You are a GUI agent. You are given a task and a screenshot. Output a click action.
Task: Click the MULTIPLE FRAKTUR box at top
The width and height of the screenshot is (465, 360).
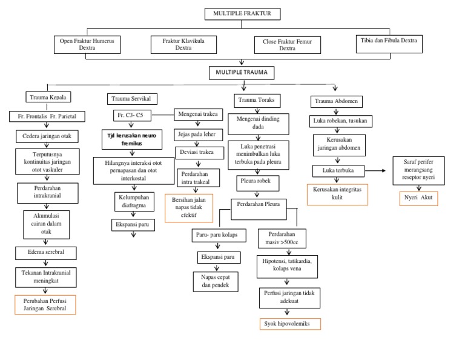pos(242,13)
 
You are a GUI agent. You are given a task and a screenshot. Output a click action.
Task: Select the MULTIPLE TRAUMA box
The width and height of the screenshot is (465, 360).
pos(242,73)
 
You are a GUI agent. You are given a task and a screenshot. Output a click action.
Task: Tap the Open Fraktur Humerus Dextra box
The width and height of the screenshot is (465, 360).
pos(87,44)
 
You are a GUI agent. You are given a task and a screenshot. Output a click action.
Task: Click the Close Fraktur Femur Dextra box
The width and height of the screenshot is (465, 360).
pos(287,44)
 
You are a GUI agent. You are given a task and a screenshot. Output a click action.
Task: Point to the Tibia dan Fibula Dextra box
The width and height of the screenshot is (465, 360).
pos(389,42)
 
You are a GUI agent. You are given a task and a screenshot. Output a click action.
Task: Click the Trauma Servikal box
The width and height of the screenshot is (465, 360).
pos(131,98)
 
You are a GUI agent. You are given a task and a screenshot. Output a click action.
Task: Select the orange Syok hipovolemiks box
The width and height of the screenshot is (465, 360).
pos(286,324)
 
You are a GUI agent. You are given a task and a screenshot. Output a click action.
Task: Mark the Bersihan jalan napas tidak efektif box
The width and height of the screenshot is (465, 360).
pos(189,207)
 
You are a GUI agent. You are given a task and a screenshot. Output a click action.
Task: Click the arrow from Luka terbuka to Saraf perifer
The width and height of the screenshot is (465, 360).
pos(376,171)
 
